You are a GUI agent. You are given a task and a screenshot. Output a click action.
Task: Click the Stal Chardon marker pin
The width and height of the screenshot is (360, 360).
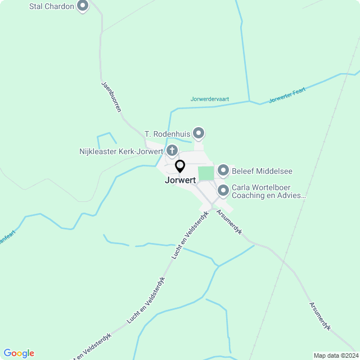tap(83, 6)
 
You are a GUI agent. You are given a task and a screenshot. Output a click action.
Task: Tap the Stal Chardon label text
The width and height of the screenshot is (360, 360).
tap(51, 7)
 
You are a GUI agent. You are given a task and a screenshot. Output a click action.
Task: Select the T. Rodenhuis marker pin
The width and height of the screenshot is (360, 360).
tap(198, 133)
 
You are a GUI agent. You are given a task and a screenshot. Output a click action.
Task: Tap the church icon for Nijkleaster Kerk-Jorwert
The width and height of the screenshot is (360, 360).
tap(172, 151)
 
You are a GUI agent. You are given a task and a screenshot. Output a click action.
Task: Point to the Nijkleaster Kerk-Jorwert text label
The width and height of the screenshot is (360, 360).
tap(121, 151)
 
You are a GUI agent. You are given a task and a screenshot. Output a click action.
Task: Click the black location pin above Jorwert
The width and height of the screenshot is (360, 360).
tap(180, 166)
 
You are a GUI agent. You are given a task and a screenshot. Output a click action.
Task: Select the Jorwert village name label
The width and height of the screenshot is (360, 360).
tap(180, 181)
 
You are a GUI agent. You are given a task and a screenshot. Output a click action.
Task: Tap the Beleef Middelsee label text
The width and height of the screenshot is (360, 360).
tap(262, 172)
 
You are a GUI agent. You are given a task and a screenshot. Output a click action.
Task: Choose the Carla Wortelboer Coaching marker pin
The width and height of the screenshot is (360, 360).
tap(223, 191)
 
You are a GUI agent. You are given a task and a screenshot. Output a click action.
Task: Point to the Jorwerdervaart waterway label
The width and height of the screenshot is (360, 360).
tap(210, 98)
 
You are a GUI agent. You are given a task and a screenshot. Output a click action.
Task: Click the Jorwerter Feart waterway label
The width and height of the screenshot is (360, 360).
tap(288, 93)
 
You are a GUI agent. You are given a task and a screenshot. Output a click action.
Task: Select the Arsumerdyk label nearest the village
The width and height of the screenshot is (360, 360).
tap(229, 223)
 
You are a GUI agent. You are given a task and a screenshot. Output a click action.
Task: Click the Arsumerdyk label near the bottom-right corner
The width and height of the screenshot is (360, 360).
tap(320, 316)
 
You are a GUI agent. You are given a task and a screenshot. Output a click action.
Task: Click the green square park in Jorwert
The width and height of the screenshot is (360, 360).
tap(206, 173)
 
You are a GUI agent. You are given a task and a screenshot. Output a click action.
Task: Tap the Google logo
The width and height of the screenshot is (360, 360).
tap(19, 353)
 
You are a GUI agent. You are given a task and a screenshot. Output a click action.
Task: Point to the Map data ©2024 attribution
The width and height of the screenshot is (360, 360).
tap(336, 355)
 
